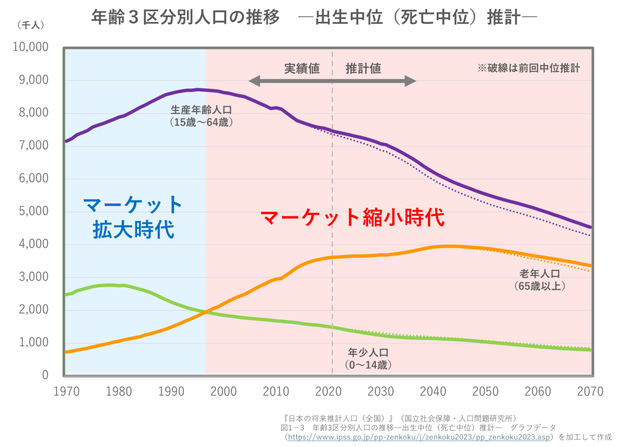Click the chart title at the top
pos(314,18)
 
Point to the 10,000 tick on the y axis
pos(30,47)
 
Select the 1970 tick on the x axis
pos(65,391)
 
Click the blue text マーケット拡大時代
pos(133,217)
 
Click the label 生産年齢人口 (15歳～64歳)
pos(201,116)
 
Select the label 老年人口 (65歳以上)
pos(540,279)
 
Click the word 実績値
pos(302,68)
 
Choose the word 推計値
pos(363,68)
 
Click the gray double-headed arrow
pos(333,81)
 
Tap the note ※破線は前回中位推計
pos(528,69)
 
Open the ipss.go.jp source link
pos(419,436)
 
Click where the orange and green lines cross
pos(205,312)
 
